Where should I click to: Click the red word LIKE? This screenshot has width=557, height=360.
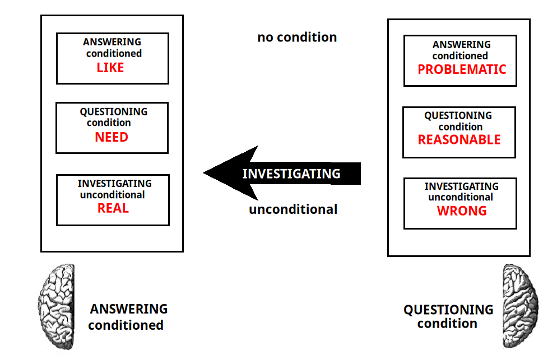pyautogui.click(x=110, y=67)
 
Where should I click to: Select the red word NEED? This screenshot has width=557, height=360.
pyautogui.click(x=112, y=137)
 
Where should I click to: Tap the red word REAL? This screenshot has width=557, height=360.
pyautogui.click(x=113, y=208)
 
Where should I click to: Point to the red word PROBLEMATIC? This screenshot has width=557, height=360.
pyautogui.click(x=462, y=69)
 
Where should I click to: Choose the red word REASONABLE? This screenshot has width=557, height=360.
pyautogui.click(x=459, y=139)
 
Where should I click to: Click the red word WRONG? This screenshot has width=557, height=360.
pyautogui.click(x=462, y=211)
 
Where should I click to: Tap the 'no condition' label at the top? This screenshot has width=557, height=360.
pyautogui.click(x=297, y=38)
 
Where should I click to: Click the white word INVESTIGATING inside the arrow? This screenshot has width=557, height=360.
pyautogui.click(x=291, y=174)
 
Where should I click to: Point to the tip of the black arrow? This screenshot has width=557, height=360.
pyautogui.click(x=203, y=173)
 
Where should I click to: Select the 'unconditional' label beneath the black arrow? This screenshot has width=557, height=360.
pyautogui.click(x=293, y=209)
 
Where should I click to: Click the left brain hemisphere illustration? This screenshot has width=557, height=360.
pyautogui.click(x=57, y=306)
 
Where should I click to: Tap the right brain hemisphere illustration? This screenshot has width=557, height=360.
pyautogui.click(x=520, y=306)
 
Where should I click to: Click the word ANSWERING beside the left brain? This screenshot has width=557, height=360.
pyautogui.click(x=128, y=309)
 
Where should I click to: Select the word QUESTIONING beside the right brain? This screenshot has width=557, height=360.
pyautogui.click(x=448, y=310)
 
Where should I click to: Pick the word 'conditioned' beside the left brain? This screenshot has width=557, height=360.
pyautogui.click(x=126, y=325)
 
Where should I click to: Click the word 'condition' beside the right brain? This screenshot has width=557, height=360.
pyautogui.click(x=447, y=324)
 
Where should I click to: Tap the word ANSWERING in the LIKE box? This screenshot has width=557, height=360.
pyautogui.click(x=112, y=42)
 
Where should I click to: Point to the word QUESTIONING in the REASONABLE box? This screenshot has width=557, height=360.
pyautogui.click(x=458, y=115)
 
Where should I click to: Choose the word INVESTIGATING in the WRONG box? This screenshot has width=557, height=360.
pyautogui.click(x=461, y=186)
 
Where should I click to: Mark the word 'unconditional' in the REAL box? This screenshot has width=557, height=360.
pyautogui.click(x=112, y=195)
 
